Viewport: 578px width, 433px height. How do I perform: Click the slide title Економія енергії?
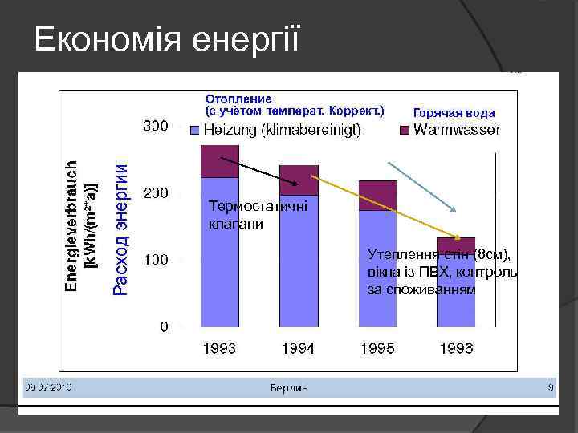click(167, 38)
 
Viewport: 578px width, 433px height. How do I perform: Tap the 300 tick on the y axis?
click(155, 126)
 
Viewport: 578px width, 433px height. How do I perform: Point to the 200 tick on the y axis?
click(155, 193)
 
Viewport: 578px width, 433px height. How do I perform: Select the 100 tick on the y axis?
click(155, 261)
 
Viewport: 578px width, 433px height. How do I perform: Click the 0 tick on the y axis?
click(164, 327)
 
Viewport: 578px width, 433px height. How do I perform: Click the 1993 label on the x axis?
click(219, 349)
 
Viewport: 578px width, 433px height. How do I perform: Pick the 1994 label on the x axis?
click(298, 349)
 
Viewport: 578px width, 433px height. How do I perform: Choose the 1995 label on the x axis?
click(377, 349)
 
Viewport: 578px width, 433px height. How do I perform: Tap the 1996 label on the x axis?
click(456, 349)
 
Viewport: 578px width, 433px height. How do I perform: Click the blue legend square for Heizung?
click(195, 130)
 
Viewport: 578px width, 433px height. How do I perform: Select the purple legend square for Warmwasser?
click(405, 130)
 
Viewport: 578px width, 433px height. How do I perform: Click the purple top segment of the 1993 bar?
click(220, 161)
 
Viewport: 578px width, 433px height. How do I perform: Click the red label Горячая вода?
click(454, 113)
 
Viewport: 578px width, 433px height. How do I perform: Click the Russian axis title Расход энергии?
click(120, 229)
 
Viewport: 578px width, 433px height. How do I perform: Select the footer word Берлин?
click(288, 387)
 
